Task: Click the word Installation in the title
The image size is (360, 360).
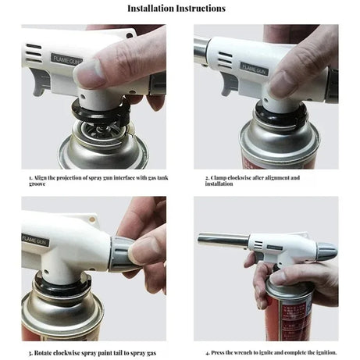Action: pyautogui.click(x=155, y=9)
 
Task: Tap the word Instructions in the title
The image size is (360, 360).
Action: pyautogui.click(x=202, y=9)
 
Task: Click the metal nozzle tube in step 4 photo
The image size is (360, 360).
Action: pyautogui.click(x=223, y=239)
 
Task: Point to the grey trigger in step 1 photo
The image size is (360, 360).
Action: pyautogui.click(x=40, y=84)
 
